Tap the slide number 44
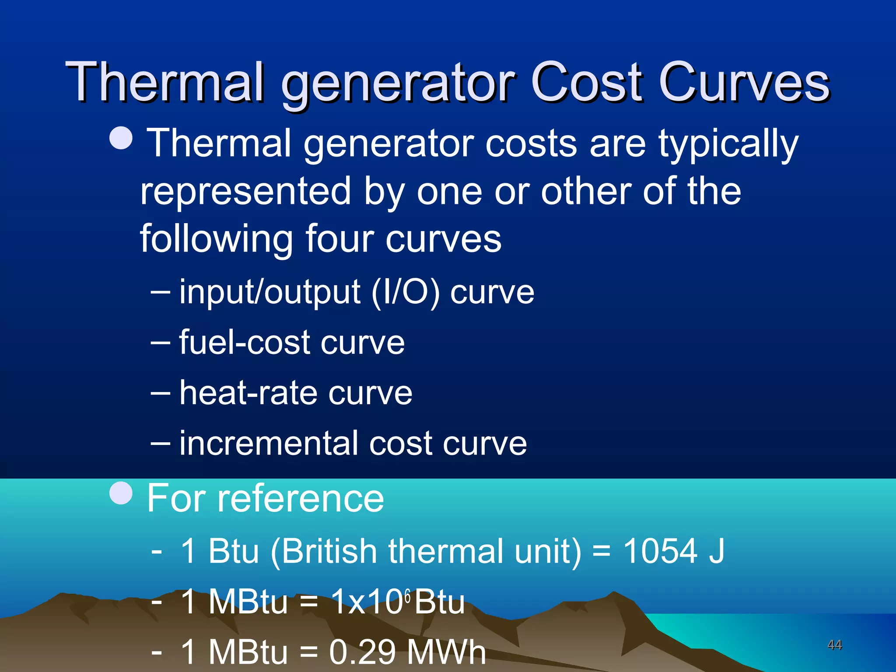[835, 644]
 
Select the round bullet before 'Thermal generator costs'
[121, 138]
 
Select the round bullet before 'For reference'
[121, 493]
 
